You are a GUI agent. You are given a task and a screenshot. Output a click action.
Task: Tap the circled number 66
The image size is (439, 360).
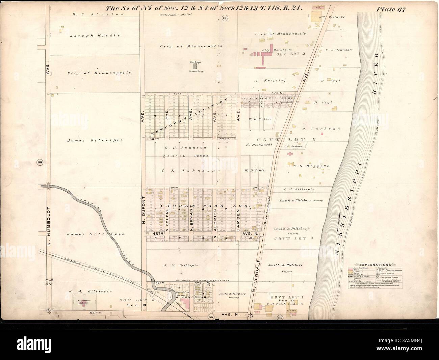click(40, 163)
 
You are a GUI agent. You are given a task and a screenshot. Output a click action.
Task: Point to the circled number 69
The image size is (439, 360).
click(280, 317)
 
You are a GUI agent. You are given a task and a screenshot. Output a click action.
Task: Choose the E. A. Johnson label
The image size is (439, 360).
click(338, 50)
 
